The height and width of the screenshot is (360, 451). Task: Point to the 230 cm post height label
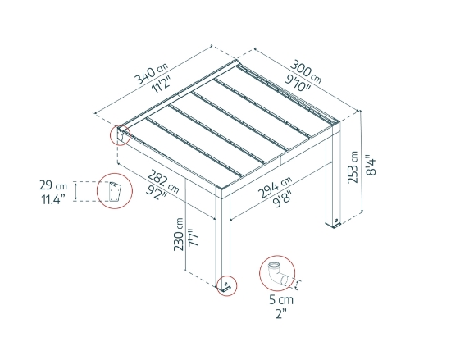coord(180,239)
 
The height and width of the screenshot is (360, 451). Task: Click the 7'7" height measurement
coord(195,239)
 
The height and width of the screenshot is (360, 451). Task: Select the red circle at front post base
coord(223,285)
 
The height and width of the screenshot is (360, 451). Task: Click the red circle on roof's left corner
coord(122,134)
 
